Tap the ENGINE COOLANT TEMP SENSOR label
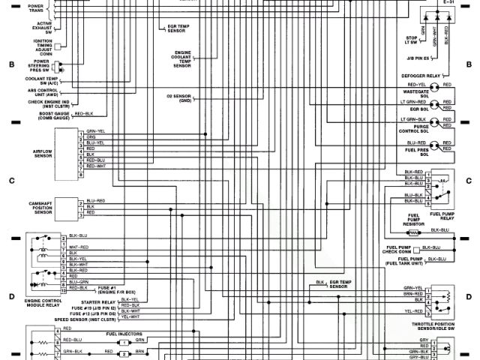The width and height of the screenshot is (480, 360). pos(182,60)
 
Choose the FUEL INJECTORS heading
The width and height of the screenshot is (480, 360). pos(124,334)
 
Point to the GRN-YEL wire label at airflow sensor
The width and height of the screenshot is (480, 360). pos(96,130)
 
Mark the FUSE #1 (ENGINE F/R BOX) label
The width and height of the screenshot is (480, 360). pos(117,289)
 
